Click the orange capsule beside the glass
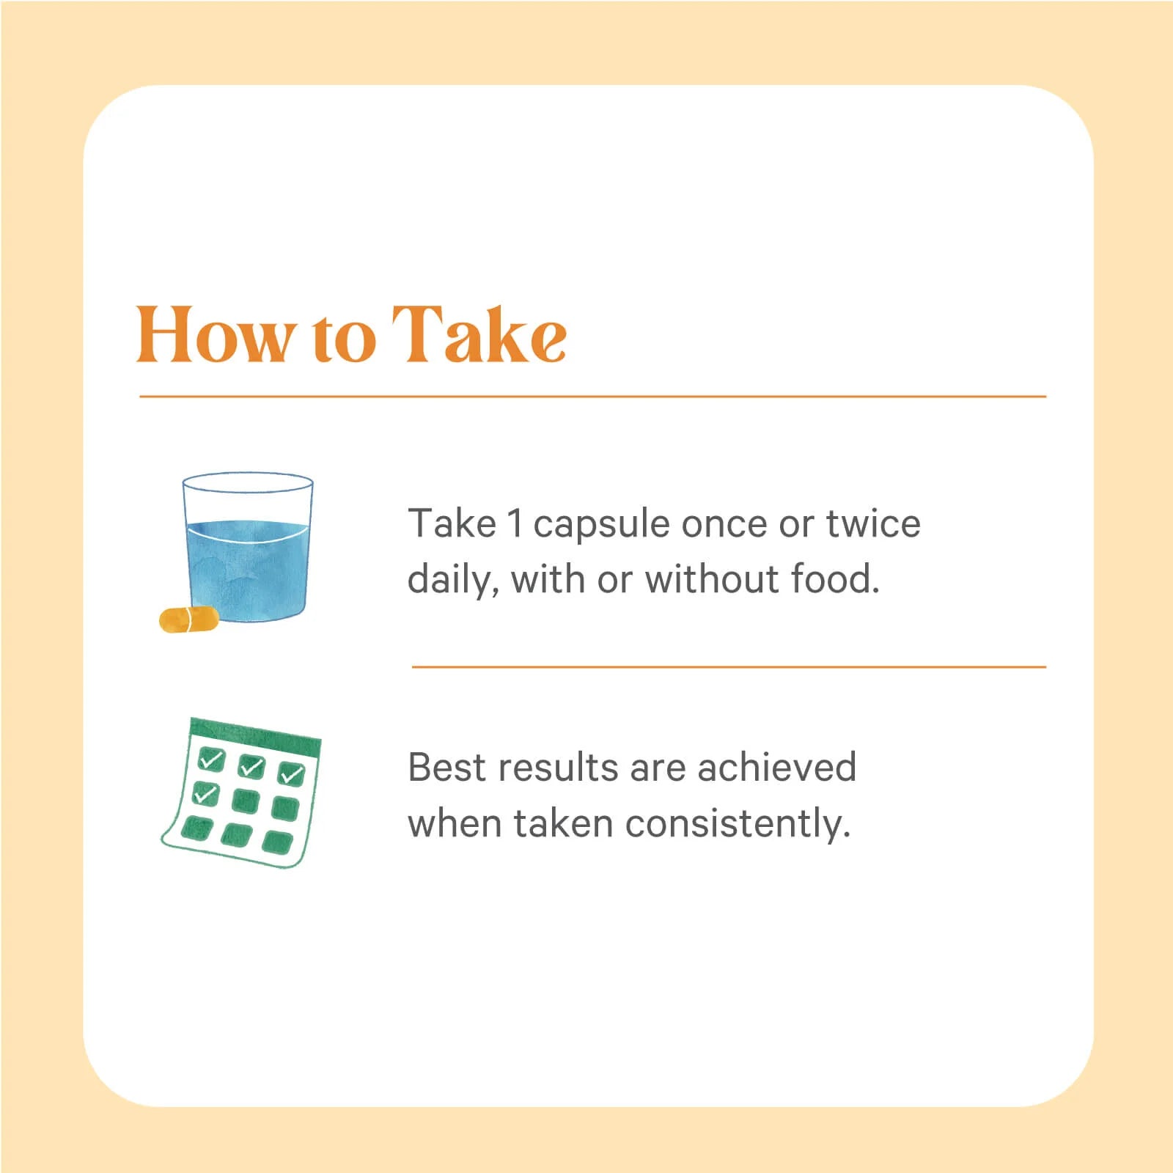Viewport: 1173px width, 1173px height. point(189,619)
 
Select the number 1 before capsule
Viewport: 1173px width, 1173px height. point(515,524)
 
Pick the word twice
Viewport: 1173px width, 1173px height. point(873,523)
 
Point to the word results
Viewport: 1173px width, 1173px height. point(558,768)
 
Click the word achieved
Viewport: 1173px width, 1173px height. point(776,768)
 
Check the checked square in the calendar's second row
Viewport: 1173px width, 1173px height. point(205,793)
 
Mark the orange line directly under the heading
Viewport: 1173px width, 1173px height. point(592,397)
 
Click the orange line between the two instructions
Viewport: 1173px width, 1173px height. point(729,667)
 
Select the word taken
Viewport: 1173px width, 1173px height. point(562,823)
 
